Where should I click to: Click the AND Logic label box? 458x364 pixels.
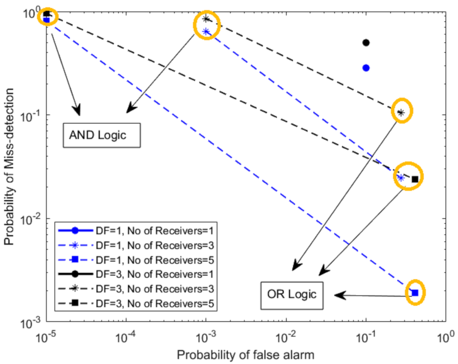point(100,136)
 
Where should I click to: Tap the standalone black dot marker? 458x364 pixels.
point(366,43)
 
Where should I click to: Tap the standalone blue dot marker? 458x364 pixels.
point(366,68)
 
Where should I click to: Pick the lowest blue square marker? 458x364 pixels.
point(415,293)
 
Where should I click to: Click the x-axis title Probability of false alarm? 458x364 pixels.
point(245,355)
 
